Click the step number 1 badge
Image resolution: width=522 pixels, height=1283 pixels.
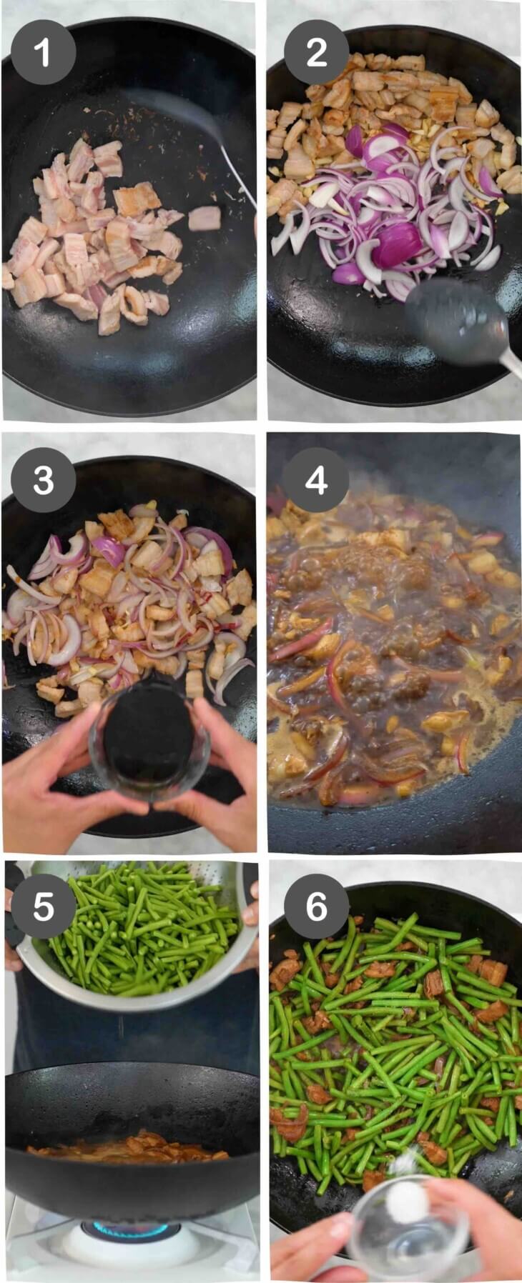point(43,52)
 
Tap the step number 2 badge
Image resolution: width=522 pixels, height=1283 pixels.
point(316,52)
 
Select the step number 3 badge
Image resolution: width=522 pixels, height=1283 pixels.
point(43,480)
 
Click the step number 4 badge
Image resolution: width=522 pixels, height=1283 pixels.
point(316,480)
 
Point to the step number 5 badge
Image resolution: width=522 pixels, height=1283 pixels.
point(43,906)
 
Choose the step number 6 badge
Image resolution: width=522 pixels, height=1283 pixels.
point(316,906)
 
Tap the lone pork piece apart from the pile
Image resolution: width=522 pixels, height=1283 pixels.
point(205,217)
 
